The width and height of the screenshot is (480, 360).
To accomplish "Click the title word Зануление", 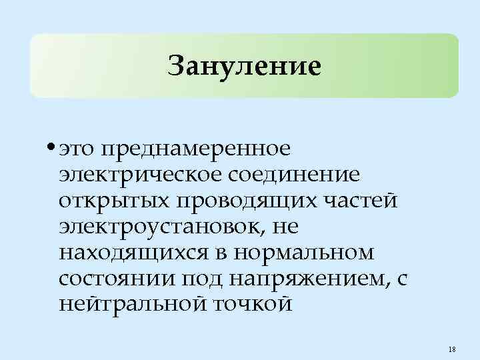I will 245,66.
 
